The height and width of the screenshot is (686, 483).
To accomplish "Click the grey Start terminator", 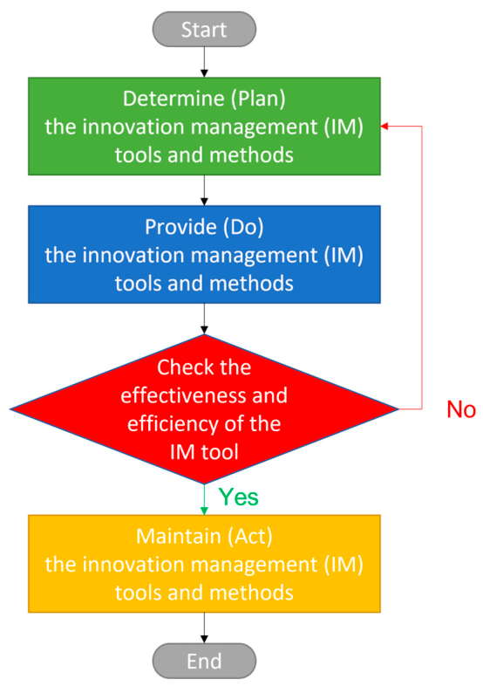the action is pos(204,30).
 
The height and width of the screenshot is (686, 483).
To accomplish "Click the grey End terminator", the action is pos(204,661).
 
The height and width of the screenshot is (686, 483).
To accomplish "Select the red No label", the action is pos(461,410).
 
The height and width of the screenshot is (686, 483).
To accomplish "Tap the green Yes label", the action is pos(239,497).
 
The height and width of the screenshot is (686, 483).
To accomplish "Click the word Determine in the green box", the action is pos(173,99).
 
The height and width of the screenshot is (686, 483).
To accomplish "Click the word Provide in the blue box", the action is pos(180,227).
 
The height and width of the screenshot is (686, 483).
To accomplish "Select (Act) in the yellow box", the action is pos(245,537).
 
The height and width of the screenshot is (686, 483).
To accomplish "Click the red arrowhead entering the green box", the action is pos(384,126).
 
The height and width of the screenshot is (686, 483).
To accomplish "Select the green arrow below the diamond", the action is pos(204,499).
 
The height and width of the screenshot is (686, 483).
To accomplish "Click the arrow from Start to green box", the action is pos(204,62).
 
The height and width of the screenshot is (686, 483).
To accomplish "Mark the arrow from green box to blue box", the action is pos(204,190).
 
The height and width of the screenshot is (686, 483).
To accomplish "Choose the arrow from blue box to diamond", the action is pos(204,319).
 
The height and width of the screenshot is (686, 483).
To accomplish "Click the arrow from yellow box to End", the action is pos(204,628).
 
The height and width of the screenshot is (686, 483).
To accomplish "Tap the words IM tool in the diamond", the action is pos(204,452).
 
